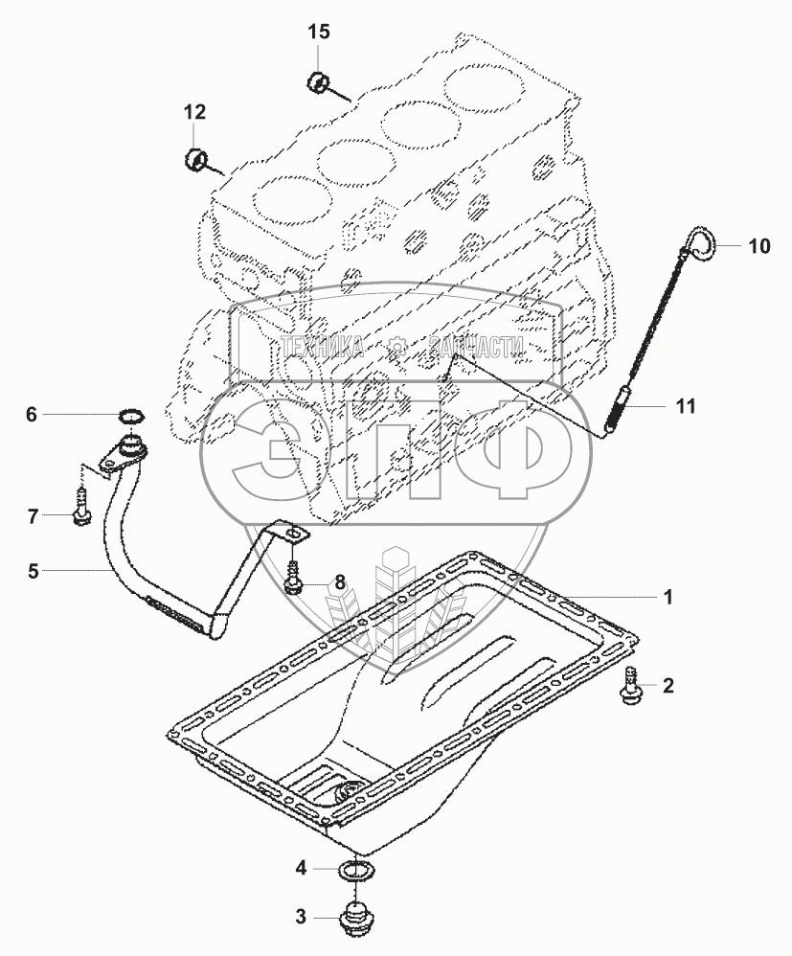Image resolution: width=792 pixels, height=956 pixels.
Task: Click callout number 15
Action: [318, 33]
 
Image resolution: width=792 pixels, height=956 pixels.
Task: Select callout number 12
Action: [194, 112]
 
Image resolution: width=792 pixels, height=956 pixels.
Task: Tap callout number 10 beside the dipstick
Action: [758, 246]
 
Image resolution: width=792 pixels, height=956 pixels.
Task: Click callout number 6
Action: [31, 415]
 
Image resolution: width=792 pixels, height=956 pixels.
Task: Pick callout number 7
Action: [32, 517]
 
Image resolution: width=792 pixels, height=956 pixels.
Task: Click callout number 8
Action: [337, 582]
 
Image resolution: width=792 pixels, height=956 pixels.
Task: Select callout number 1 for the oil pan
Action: [668, 597]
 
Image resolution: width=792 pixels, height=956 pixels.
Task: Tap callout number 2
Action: [668, 685]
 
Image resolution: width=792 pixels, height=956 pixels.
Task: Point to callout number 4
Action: [301, 868]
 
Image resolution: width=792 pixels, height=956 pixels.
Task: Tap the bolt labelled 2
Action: [630, 686]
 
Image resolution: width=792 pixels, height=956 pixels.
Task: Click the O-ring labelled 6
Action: [131, 416]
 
